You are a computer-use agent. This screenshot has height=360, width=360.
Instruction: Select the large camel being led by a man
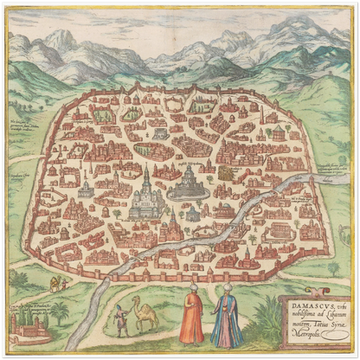click(145, 313)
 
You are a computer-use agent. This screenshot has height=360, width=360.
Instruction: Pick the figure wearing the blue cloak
click(227, 321)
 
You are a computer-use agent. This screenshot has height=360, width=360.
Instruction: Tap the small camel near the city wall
click(58, 283)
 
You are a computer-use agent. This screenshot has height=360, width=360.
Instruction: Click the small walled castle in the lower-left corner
click(27, 326)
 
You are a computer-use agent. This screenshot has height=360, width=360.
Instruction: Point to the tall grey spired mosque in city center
click(147, 196)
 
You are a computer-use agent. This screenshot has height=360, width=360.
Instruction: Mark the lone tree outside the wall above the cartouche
click(333, 269)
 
